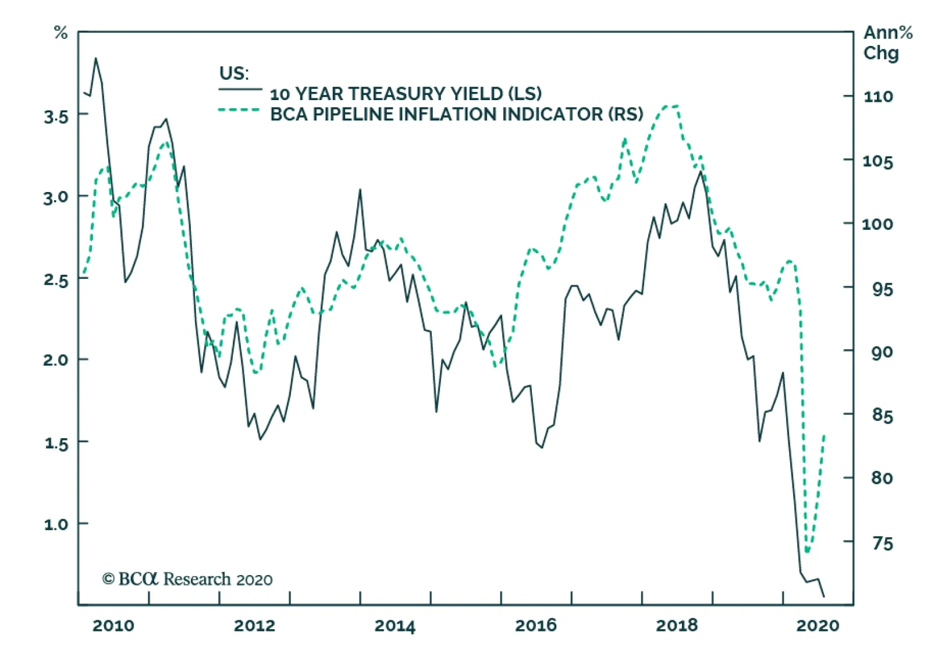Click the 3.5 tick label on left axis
tap(56, 116)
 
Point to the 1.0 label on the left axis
tap(56, 524)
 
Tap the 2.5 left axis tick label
tap(56, 280)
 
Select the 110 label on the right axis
tap(877, 96)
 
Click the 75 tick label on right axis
tap(882, 543)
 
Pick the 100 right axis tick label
tap(877, 223)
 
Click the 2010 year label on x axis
tap(113, 626)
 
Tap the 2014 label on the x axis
tap(395, 626)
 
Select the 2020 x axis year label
tap(818, 626)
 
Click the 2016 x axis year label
tap(535, 626)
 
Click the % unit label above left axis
tap(61, 33)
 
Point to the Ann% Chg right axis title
tap(887, 42)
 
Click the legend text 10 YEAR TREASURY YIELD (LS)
tap(406, 94)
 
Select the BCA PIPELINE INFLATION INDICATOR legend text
tap(457, 114)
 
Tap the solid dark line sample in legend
tap(240, 90)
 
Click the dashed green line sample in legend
tap(239, 109)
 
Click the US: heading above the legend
tap(233, 73)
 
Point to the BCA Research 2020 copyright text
tap(187, 579)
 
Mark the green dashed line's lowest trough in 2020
tap(807, 552)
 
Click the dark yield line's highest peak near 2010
tap(96, 58)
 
